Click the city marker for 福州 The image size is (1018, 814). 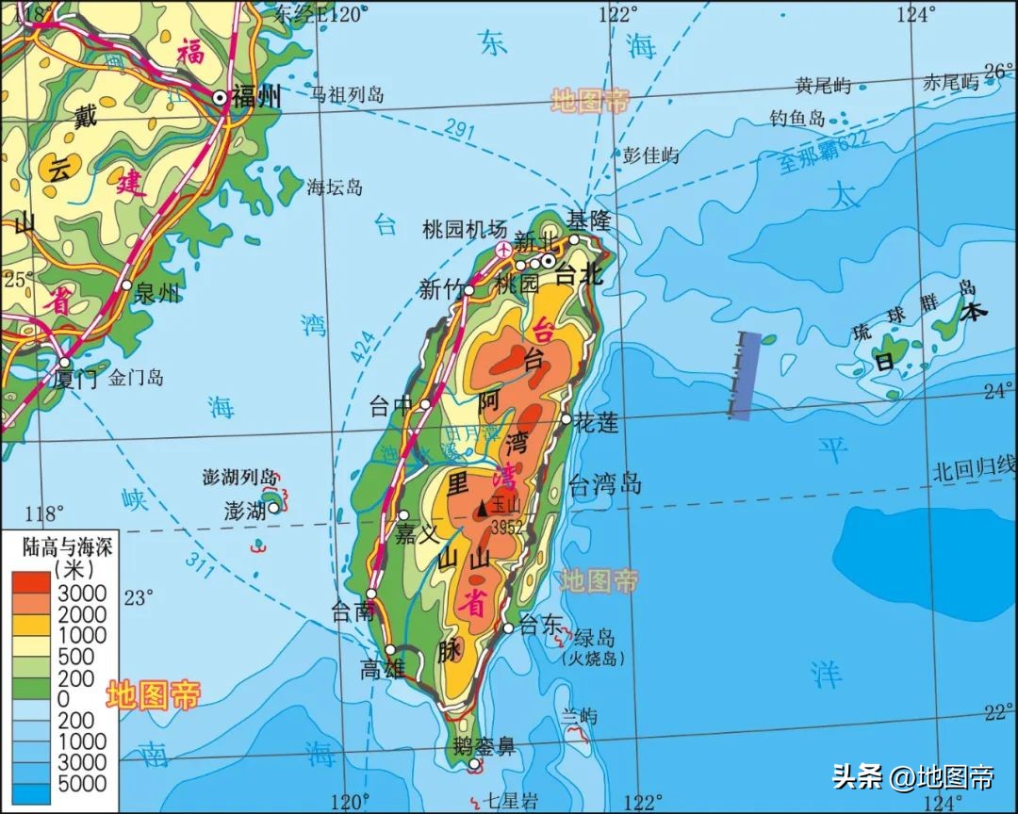point(220,97)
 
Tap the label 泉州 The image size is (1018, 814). point(157,293)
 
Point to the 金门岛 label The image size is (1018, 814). point(136,378)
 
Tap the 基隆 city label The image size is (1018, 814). point(589,221)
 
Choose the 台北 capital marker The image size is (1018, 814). point(548,260)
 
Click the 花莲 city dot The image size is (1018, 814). point(566,419)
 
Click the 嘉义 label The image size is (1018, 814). point(418,534)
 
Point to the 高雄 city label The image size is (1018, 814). point(383,669)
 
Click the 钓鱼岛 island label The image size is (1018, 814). point(797,118)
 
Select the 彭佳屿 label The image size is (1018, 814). point(650,155)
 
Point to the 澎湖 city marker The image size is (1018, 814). point(273,508)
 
